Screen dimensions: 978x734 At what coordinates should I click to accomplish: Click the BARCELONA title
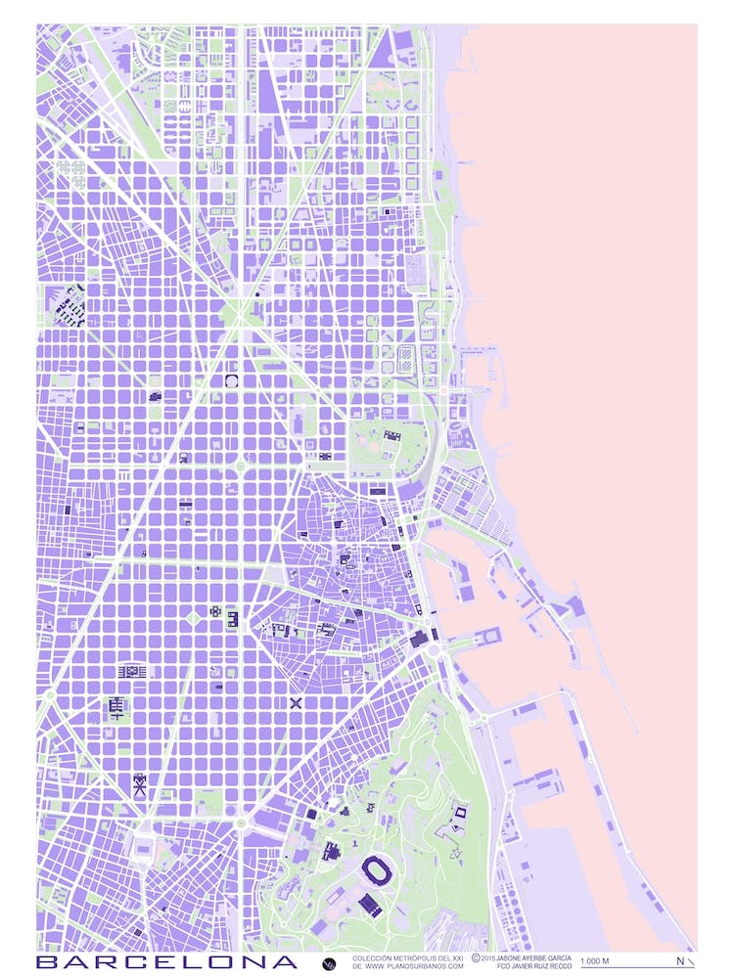(166, 962)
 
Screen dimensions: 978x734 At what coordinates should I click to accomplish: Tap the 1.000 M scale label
(595, 961)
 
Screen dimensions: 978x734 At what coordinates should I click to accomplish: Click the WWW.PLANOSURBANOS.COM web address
(415, 966)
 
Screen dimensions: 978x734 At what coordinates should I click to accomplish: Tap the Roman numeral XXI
(455, 957)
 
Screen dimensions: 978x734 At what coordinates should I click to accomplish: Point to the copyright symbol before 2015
(476, 957)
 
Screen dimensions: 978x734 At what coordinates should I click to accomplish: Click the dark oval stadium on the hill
(375, 867)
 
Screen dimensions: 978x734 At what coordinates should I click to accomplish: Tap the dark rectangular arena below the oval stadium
(369, 905)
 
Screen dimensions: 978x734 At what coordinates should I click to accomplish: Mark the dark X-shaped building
(296, 702)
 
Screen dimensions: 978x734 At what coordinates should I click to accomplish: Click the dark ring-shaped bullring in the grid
(232, 381)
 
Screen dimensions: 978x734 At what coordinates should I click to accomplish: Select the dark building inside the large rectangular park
(391, 436)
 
